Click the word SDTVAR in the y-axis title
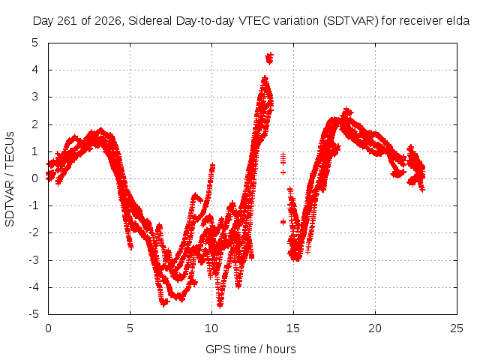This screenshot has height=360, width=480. (x=10, y=203)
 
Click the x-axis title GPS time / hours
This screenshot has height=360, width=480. (x=250, y=349)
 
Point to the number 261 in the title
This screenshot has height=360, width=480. (x=68, y=21)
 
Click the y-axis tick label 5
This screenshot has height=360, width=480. (x=35, y=43)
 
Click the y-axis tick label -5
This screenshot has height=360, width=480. (x=33, y=314)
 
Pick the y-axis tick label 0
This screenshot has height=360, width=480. (x=35, y=178)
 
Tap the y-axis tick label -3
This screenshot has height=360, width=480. (x=33, y=260)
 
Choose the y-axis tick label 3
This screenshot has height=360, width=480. (x=35, y=97)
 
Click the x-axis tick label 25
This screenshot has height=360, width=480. (x=457, y=328)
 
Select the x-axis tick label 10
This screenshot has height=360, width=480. (x=211, y=328)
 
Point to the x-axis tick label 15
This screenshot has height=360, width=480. (x=293, y=328)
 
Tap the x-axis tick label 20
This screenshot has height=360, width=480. (x=375, y=328)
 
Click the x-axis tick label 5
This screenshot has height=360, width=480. (x=130, y=328)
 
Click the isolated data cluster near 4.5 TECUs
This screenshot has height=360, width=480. (x=269, y=58)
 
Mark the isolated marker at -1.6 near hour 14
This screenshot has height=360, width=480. (x=283, y=222)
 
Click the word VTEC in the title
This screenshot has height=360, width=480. (x=255, y=21)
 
